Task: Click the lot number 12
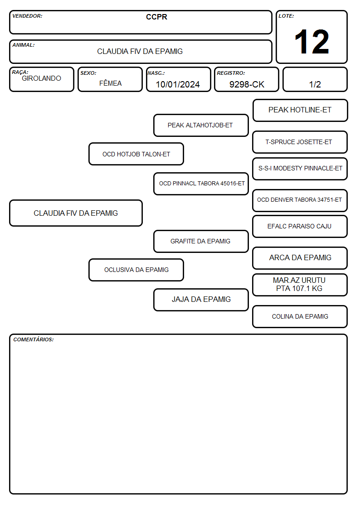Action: click(x=311, y=42)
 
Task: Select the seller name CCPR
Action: click(x=156, y=17)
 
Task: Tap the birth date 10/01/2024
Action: click(x=178, y=84)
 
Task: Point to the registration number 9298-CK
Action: click(x=247, y=84)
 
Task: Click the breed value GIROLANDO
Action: click(x=41, y=78)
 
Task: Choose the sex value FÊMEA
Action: click(x=110, y=83)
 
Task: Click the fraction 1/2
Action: click(x=315, y=84)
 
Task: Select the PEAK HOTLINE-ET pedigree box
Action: click(x=300, y=111)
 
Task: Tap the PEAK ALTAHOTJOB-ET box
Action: click(x=201, y=125)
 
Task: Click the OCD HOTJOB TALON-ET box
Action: click(x=136, y=154)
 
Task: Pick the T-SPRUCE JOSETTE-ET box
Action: click(x=300, y=142)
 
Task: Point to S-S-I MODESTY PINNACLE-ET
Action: click(x=300, y=169)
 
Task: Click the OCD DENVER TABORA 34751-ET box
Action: click(x=300, y=200)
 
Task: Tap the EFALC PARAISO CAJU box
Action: click(x=300, y=227)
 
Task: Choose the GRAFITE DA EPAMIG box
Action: click(x=201, y=241)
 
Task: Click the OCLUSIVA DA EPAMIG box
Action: click(x=136, y=270)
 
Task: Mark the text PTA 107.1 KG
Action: click(x=299, y=289)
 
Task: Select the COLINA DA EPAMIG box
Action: click(x=300, y=316)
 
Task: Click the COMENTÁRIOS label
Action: click(x=34, y=339)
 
